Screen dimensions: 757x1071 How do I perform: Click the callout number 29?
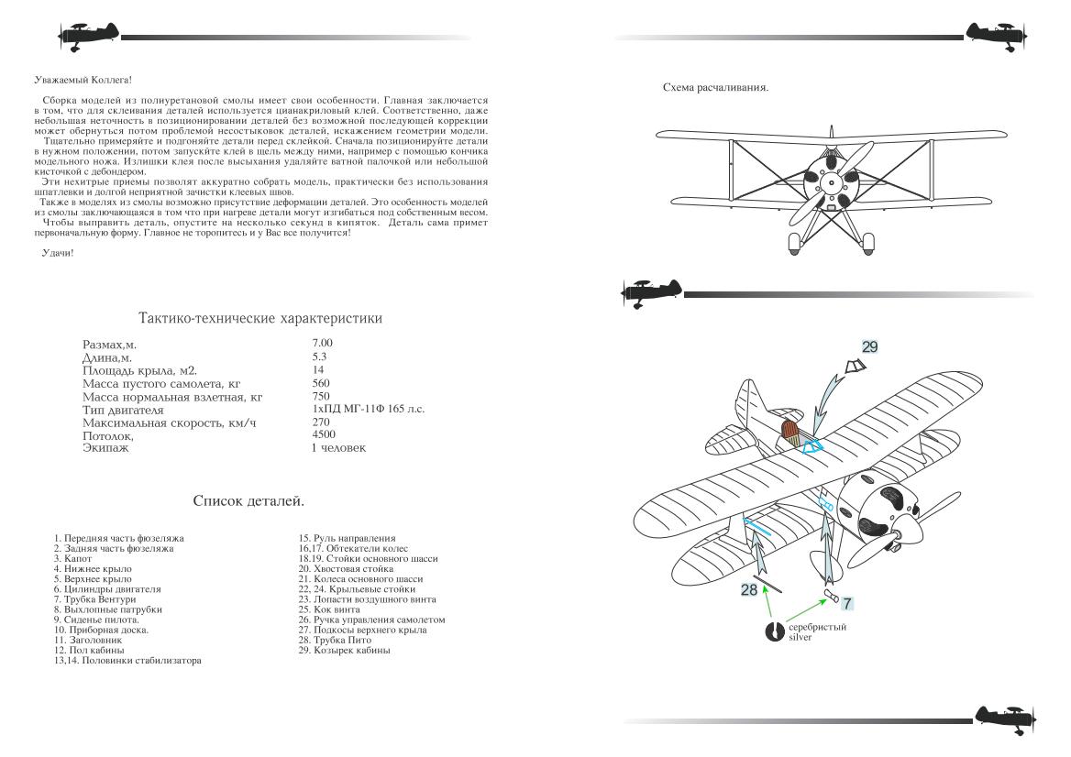click(x=870, y=346)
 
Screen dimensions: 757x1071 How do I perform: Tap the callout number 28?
click(x=749, y=589)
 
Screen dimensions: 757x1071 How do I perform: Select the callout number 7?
click(x=847, y=603)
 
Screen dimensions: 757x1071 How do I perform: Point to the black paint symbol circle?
click(x=775, y=631)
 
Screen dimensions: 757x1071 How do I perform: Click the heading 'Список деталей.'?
click(x=248, y=501)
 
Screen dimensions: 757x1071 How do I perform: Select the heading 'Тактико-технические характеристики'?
click(x=259, y=318)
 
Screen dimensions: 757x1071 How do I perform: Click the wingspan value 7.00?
click(x=322, y=343)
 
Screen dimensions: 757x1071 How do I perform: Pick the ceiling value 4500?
click(x=324, y=434)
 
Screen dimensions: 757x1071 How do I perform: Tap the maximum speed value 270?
click(x=321, y=422)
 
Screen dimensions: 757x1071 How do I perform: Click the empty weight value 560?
click(x=321, y=382)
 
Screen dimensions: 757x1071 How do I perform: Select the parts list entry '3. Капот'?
click(x=72, y=558)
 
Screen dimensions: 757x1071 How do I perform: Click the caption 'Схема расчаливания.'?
click(x=715, y=88)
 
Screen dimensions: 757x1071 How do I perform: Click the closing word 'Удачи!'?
click(x=58, y=252)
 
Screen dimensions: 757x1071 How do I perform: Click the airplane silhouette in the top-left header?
click(x=88, y=37)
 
